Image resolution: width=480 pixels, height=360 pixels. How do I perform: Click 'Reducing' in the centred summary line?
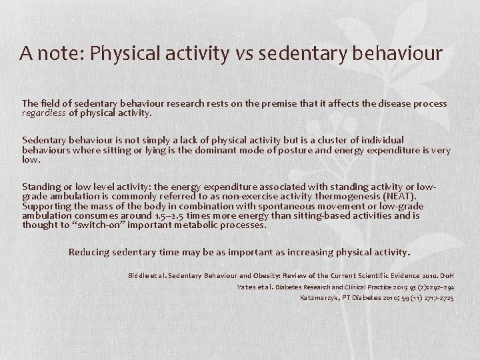[x=91, y=253]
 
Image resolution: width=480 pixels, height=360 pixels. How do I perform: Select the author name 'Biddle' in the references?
[x=139, y=275]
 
